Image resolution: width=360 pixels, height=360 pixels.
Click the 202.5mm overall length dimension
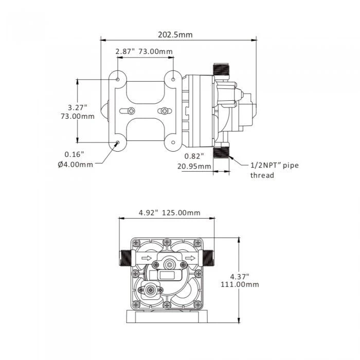(176, 35)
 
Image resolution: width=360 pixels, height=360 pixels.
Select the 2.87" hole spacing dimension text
(125, 51)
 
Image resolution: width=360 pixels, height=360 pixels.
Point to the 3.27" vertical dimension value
(77, 107)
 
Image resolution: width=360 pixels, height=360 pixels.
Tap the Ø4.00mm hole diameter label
(76, 164)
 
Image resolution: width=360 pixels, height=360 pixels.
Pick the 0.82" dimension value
(194, 155)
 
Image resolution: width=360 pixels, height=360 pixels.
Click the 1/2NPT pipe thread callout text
(274, 170)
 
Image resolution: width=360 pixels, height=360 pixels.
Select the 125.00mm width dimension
(181, 213)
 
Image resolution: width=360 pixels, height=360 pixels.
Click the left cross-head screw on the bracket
(132, 111)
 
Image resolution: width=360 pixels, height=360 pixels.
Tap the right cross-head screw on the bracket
(165, 111)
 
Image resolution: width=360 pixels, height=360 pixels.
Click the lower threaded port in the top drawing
(222, 151)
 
